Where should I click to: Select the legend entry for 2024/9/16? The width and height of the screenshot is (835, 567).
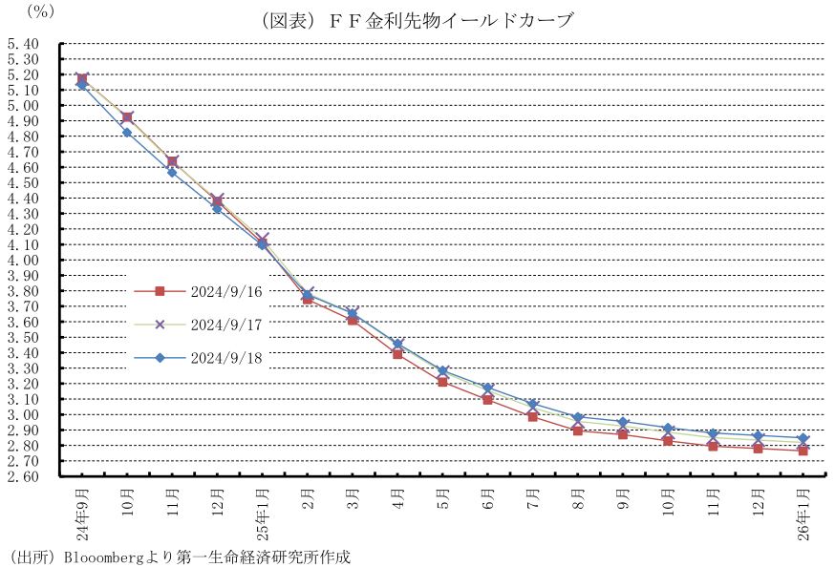click(x=226, y=291)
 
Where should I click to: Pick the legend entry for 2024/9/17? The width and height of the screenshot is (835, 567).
click(x=226, y=325)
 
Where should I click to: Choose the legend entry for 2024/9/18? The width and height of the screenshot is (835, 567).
click(x=226, y=358)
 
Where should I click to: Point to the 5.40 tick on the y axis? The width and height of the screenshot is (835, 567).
click(x=21, y=43)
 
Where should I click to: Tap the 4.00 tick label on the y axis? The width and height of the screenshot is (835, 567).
click(x=21, y=260)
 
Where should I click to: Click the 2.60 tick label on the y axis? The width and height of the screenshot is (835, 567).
click(x=21, y=476)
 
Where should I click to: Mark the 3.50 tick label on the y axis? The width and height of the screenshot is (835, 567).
click(x=21, y=337)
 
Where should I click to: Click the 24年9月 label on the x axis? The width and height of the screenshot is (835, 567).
click(x=82, y=514)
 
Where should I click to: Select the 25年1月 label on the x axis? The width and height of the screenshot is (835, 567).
click(x=263, y=514)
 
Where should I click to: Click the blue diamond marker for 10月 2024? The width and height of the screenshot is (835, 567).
click(x=127, y=133)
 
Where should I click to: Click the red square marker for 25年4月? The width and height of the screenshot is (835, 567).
click(x=397, y=354)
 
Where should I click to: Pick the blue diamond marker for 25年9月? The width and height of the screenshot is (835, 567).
click(x=623, y=422)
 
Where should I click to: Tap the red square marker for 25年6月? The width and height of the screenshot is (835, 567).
click(x=487, y=400)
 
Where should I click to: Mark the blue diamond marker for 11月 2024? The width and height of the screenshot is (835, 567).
click(x=172, y=172)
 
